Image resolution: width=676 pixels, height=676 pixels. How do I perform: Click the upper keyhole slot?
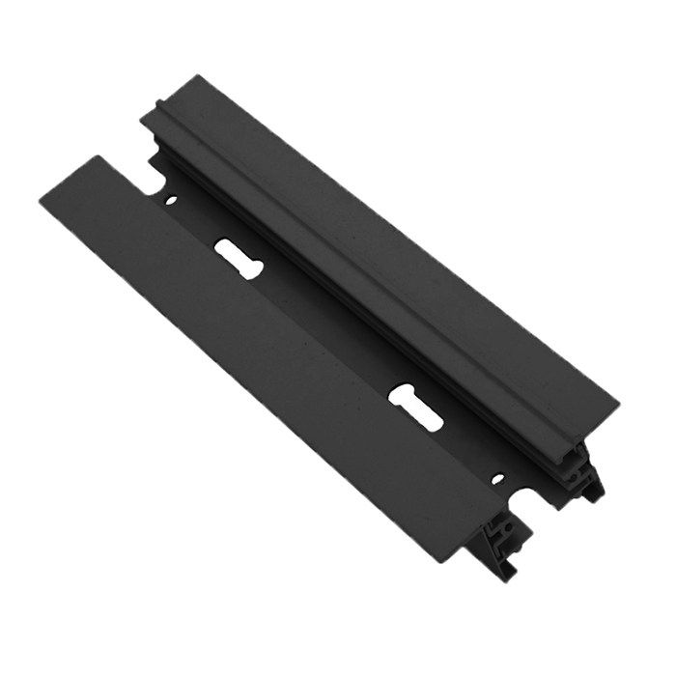coord(238,259)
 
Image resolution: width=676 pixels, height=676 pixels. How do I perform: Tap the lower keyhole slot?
coord(415,407)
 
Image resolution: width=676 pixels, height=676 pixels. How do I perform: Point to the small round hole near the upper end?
coord(171,201)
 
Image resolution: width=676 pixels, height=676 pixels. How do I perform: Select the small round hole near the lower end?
coord(497,479)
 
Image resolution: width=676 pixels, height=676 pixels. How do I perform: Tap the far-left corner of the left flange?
coord(40,199)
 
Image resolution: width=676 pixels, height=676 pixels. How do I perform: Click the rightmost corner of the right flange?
coord(615,397)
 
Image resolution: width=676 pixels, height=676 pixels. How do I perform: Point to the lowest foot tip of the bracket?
coord(503,577)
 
